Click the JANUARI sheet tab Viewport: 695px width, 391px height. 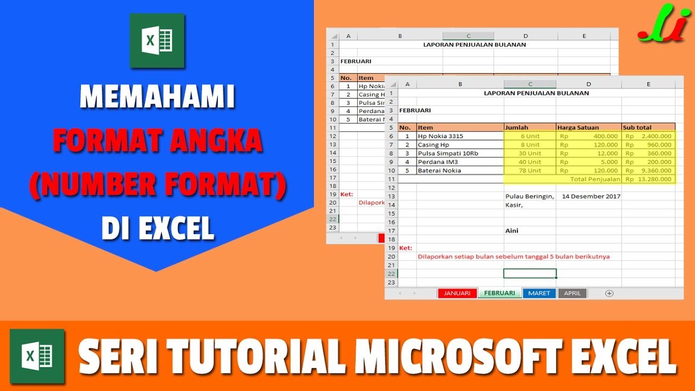[457, 293]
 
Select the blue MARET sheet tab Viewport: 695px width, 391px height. [539, 293]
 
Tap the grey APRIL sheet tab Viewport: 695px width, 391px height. [572, 293]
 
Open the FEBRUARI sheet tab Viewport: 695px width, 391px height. [500, 293]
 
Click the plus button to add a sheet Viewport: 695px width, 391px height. [609, 293]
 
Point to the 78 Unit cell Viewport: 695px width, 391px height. [530, 171]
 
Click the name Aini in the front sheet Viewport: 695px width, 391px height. [512, 231]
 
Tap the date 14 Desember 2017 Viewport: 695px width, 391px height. [591, 197]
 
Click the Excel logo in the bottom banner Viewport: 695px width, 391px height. [37, 356]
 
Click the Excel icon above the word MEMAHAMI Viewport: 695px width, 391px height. [157, 41]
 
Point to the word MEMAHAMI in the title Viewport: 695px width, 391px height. [157, 98]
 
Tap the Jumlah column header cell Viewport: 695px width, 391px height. [530, 128]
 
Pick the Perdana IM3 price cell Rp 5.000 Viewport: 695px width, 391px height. [589, 162]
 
